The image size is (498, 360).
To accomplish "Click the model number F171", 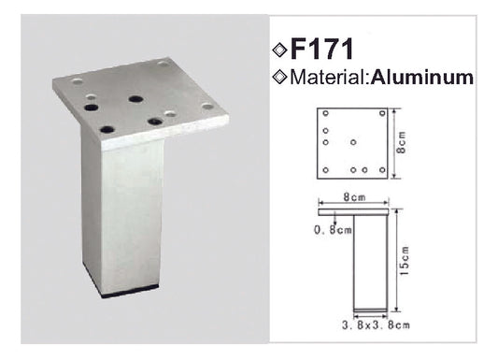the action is click(x=321, y=49).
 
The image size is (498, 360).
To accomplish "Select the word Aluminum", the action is click(x=422, y=78).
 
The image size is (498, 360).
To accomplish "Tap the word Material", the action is click(x=328, y=78).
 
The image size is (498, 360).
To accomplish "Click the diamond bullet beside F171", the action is click(x=279, y=50).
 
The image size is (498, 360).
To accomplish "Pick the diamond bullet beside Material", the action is click(x=279, y=78).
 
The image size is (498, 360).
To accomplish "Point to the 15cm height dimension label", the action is click(x=405, y=261).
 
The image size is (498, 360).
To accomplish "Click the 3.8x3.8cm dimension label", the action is click(x=376, y=325).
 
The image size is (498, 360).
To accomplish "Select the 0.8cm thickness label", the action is click(x=333, y=229).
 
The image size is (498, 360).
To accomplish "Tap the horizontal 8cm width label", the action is click(x=354, y=197).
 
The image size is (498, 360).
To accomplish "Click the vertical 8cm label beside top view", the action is click(x=402, y=143).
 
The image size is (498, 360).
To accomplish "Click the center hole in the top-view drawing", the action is click(x=353, y=142).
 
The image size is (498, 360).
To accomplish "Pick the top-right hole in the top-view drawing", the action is click(x=382, y=113).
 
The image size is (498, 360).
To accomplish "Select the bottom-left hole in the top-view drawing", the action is click(x=325, y=170).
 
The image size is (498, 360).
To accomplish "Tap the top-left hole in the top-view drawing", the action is click(x=325, y=113).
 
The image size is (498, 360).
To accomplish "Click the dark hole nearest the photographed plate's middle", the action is click(x=135, y=99).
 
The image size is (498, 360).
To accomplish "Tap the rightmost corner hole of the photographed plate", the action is click(x=207, y=107).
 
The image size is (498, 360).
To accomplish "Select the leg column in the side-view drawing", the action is click(x=371, y=263).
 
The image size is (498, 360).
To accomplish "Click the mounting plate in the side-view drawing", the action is click(x=353, y=212).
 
